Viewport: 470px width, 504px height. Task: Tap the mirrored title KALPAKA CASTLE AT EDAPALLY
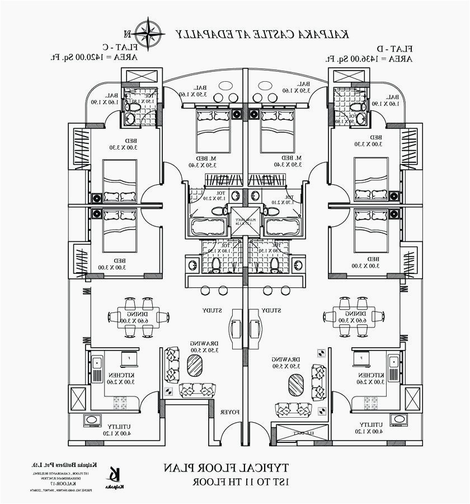(262, 34)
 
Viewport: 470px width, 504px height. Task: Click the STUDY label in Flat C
(213, 310)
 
